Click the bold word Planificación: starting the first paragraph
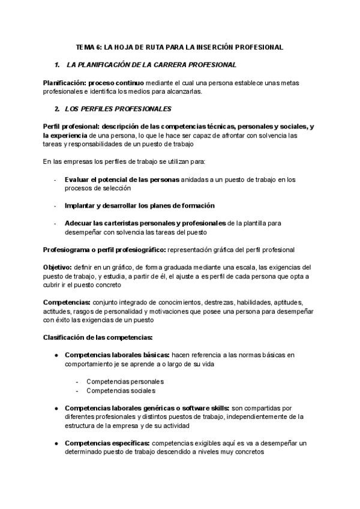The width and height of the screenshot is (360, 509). coord(63,82)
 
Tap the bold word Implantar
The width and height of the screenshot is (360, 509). coord(80,205)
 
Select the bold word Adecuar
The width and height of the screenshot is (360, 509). coord(79,223)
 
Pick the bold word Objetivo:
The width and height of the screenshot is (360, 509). coord(58,267)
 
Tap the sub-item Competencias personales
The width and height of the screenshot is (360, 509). coord(125,381)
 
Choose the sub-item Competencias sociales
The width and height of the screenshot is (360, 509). coord(121,391)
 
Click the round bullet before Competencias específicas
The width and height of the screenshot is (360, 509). coord(56,443)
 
